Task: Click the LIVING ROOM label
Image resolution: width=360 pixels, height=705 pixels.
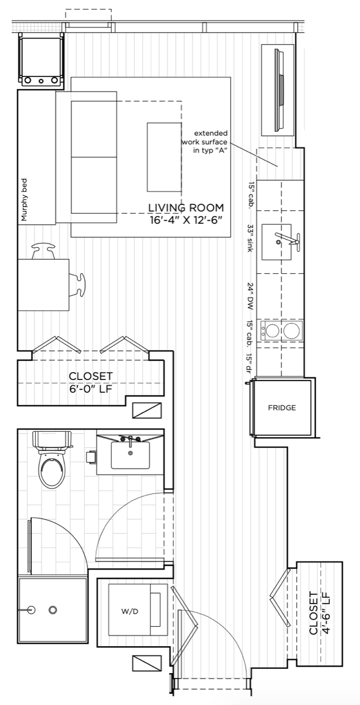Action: click(x=186, y=208)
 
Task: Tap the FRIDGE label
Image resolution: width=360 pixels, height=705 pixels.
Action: click(x=282, y=408)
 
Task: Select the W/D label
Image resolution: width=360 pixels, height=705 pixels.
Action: click(x=130, y=611)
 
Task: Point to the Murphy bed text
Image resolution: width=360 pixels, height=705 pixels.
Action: click(x=24, y=199)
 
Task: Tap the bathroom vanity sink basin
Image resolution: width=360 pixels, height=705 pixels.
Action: click(x=130, y=455)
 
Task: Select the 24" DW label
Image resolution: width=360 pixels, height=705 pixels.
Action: click(x=250, y=296)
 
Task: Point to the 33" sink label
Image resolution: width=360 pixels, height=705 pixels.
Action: click(x=250, y=238)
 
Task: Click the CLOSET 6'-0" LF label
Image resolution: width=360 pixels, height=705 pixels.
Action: click(x=91, y=382)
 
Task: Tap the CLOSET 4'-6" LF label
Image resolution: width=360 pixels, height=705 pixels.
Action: click(x=319, y=613)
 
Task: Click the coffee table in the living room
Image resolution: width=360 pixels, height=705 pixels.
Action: click(x=164, y=157)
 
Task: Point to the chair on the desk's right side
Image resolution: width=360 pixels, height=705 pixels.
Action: click(x=77, y=285)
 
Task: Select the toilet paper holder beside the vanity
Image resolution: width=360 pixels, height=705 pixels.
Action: click(x=91, y=457)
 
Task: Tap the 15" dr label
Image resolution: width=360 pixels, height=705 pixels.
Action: click(x=250, y=364)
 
